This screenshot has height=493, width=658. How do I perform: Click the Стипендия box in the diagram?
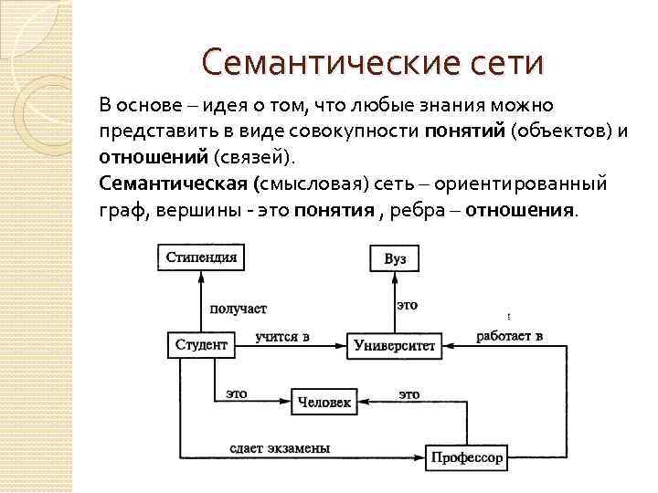[201, 257]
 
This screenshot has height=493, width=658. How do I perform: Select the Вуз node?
[395, 259]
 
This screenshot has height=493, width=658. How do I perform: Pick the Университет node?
[395, 346]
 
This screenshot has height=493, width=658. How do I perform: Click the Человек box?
[323, 402]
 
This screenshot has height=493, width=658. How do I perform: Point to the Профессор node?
[466, 457]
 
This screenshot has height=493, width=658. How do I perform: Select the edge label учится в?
[282, 336]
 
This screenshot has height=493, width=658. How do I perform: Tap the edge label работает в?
[509, 336]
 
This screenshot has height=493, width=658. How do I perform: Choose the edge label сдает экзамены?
[279, 448]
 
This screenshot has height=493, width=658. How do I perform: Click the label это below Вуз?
[407, 305]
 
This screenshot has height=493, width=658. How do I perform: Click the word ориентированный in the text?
[520, 184]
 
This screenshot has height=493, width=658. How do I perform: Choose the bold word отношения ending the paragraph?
[520, 209]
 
